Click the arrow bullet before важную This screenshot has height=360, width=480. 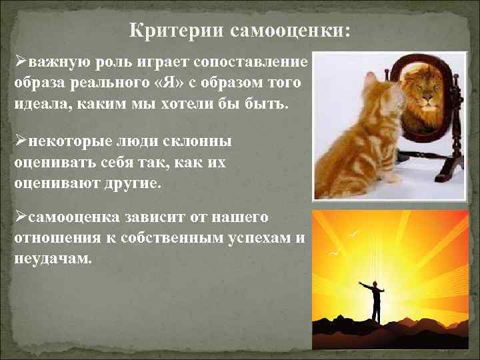(19, 62)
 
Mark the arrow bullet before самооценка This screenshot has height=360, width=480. (19, 218)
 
